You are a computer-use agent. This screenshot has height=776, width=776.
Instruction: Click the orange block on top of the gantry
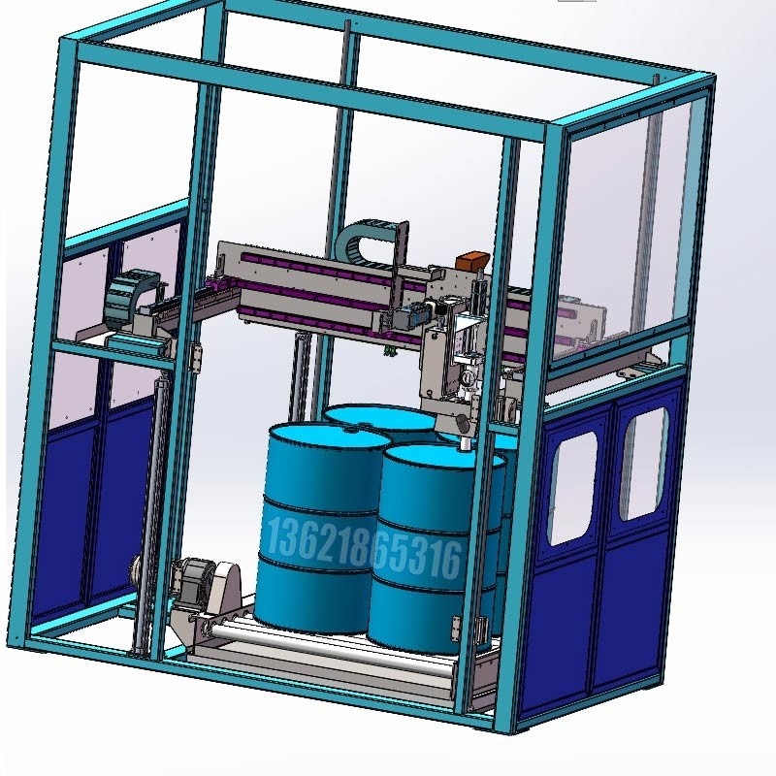[x=472, y=260]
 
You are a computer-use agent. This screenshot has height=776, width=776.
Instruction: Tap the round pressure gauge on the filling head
[x=466, y=378]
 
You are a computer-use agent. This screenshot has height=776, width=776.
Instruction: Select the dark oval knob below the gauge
[x=463, y=423]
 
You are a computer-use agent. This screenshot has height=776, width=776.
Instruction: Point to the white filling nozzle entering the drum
[x=466, y=442]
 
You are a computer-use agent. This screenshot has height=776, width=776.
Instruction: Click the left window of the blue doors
[x=572, y=488]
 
